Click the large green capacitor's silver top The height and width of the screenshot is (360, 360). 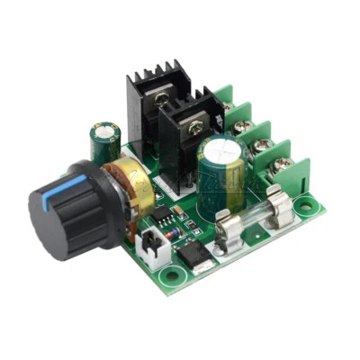[220, 148]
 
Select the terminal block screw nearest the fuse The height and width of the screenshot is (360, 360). [283, 165]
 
